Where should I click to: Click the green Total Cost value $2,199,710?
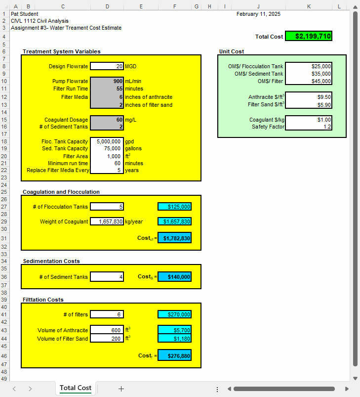309,36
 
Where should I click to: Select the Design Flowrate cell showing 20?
107,66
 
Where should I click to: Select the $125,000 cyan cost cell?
174,207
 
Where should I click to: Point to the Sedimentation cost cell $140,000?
174,277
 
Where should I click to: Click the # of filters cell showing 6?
107,314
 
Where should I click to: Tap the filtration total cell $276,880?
174,356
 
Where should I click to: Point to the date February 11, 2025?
258,14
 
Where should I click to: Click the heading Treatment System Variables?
62,51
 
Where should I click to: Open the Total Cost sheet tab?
76,388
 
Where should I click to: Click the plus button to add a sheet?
121,389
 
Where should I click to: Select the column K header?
309,6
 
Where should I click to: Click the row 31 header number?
4,238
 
